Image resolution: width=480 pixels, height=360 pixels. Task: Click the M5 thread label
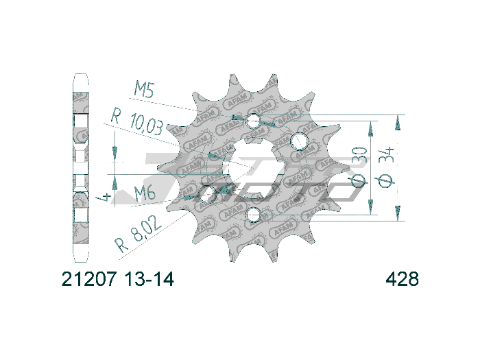(145, 90)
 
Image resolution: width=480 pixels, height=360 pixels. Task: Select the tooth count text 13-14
(149, 280)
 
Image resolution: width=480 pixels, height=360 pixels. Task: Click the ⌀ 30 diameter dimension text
(359, 169)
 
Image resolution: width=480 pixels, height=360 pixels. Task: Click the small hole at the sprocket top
(254, 122)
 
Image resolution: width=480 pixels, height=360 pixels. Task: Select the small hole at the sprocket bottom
(254, 216)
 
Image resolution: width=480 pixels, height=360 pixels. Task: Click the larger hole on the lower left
(208, 195)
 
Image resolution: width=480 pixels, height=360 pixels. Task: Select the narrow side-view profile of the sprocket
(81, 168)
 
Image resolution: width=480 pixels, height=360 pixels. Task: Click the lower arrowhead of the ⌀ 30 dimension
(371, 208)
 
